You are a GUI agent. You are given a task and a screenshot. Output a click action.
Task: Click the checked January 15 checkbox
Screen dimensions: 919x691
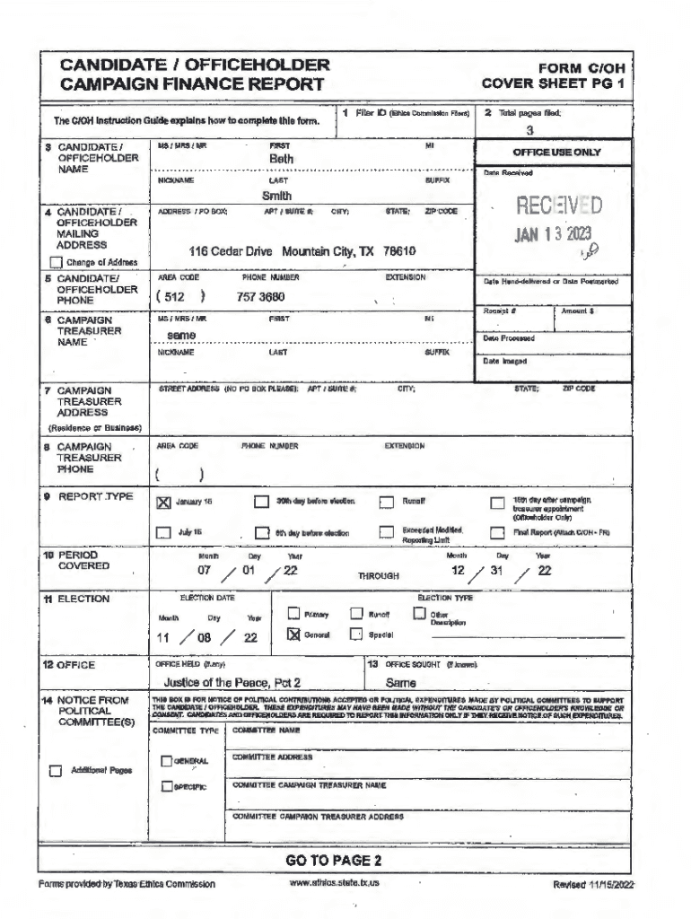click(x=163, y=503)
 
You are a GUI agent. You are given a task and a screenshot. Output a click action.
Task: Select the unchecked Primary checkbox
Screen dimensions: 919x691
click(x=293, y=614)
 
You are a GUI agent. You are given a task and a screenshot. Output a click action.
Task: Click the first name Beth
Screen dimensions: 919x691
click(x=281, y=159)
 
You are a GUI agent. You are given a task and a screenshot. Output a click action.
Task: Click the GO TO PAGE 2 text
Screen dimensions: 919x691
click(x=334, y=861)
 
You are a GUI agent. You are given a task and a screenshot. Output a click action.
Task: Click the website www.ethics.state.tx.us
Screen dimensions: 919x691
click(x=335, y=883)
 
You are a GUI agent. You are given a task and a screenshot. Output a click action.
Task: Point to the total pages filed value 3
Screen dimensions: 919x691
click(x=529, y=129)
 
